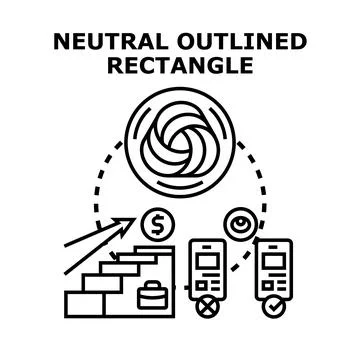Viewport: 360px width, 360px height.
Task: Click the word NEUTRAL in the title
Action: (111, 42)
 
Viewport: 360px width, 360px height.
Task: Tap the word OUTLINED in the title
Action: (242, 42)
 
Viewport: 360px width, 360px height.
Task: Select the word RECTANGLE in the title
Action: (180, 65)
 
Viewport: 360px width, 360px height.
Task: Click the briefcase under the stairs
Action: (153, 295)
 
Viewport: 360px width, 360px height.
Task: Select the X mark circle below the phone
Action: (207, 307)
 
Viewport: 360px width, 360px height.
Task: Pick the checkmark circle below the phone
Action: (274, 307)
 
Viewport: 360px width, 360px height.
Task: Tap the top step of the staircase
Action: (154, 250)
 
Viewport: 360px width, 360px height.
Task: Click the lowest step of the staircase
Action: (85, 304)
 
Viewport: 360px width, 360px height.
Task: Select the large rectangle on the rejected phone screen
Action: (207, 262)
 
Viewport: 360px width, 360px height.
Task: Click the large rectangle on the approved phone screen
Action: (274, 262)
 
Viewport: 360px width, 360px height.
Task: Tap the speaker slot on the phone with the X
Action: (207, 247)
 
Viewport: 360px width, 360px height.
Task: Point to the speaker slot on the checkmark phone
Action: (274, 247)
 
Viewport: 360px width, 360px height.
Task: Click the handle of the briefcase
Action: (153, 284)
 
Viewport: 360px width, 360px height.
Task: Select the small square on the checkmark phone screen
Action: (267, 285)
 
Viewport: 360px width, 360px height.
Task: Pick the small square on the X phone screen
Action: (200, 285)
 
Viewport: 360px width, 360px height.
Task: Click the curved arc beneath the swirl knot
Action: (180, 187)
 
